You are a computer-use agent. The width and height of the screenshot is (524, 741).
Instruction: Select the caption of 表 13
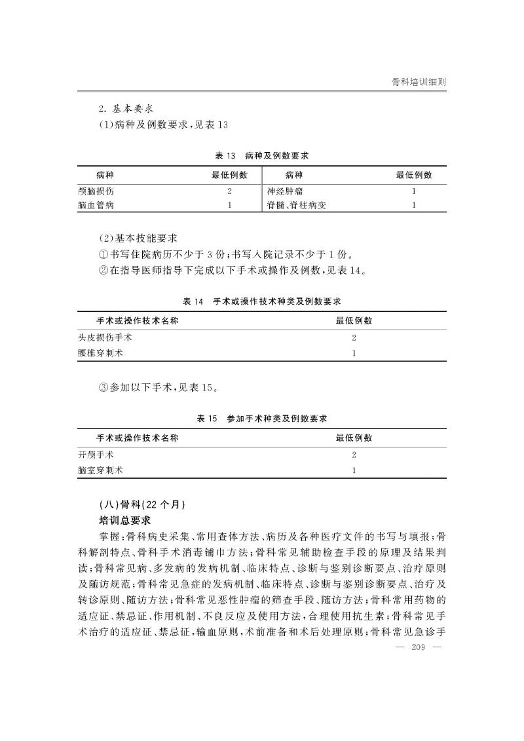click(x=262, y=156)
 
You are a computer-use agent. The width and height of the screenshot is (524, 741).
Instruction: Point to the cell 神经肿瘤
click(x=285, y=191)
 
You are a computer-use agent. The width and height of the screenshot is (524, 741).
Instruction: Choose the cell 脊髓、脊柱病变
click(x=296, y=205)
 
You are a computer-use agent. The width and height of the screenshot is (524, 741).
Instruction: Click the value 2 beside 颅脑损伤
click(x=229, y=191)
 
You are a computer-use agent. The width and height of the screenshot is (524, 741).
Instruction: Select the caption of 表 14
click(x=262, y=302)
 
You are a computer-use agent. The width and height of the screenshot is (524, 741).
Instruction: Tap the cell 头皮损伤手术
click(x=105, y=338)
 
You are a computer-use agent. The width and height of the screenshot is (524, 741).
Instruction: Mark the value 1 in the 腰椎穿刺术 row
click(x=354, y=353)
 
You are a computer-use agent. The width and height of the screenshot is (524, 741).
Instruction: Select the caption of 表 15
click(x=262, y=419)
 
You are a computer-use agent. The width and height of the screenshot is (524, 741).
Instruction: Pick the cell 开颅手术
click(x=96, y=455)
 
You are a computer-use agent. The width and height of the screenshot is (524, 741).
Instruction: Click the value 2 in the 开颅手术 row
click(x=354, y=455)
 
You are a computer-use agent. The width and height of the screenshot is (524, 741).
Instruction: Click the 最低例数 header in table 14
click(x=354, y=320)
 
